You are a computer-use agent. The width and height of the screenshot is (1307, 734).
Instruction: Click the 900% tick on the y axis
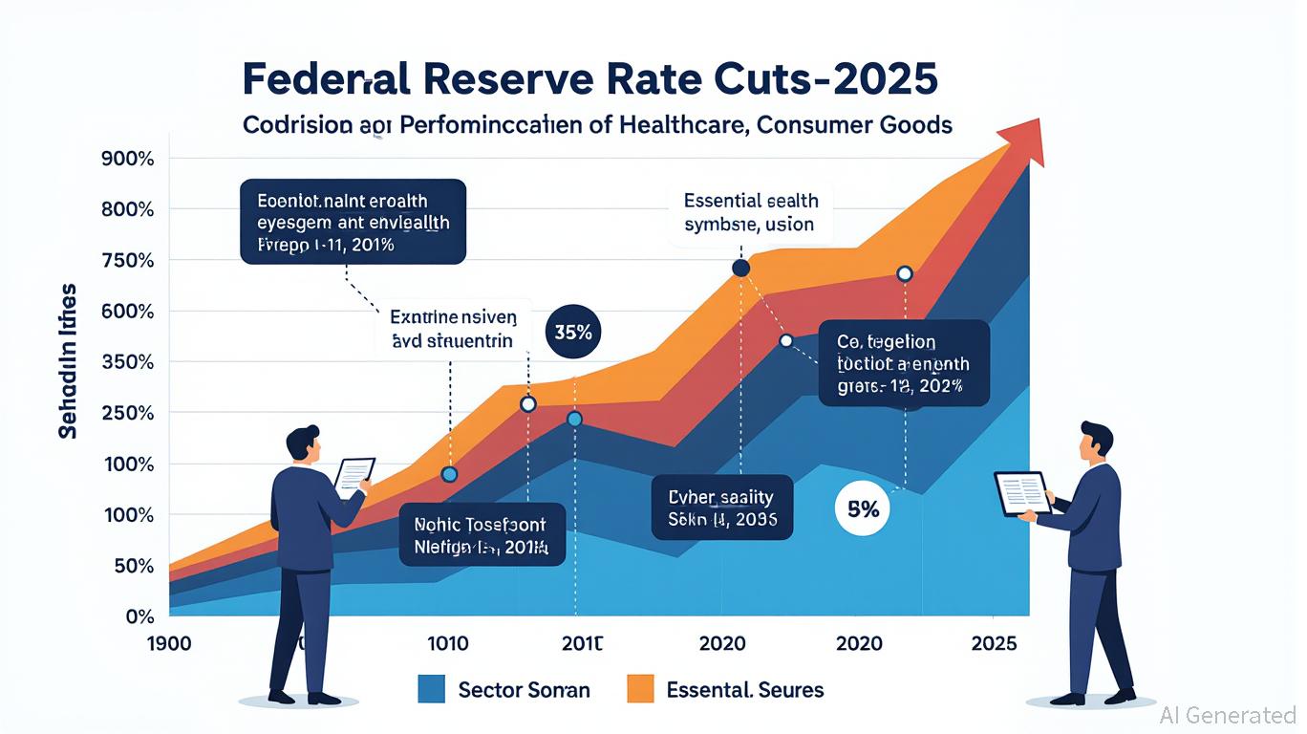point(127,159)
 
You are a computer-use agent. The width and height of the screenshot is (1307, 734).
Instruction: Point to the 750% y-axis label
point(127,261)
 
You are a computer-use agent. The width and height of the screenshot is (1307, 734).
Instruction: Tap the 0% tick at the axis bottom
point(139,616)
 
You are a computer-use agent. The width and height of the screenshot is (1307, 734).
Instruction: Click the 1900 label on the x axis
point(169,643)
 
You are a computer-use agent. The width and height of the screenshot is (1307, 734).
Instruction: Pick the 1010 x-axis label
point(446,643)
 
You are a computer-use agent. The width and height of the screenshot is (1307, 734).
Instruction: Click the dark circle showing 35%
point(572,334)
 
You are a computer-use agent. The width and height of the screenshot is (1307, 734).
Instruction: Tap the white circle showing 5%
point(862,509)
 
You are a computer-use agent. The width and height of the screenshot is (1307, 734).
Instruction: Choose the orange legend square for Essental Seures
point(640,688)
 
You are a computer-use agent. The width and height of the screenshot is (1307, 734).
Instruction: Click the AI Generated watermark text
point(1228,714)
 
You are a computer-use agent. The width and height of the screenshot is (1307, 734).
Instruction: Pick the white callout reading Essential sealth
point(750,212)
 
